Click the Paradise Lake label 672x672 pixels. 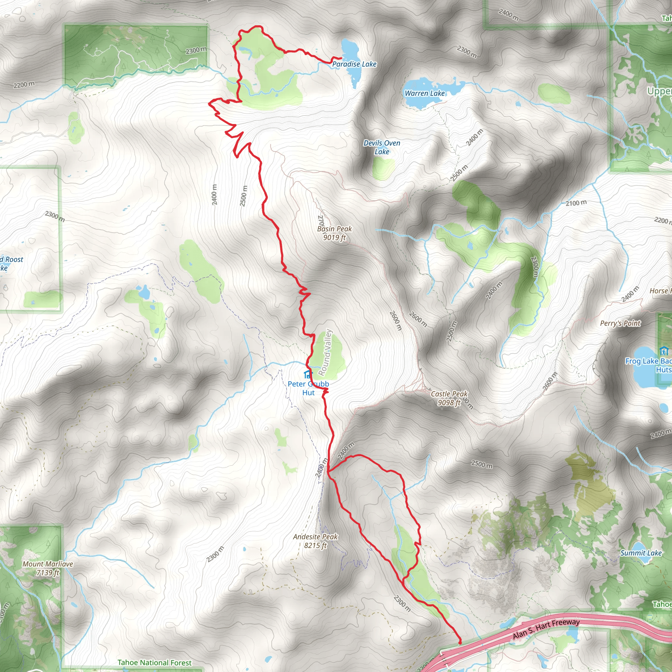[354, 64]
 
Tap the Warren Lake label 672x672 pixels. [425, 93]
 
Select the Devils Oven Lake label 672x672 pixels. [382, 147]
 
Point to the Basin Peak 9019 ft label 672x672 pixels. [334, 233]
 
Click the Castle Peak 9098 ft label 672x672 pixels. [449, 398]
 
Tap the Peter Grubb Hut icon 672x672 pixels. [307, 375]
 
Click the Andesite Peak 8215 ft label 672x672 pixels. [315, 541]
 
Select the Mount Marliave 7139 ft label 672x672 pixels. [48, 568]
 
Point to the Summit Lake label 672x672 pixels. [641, 553]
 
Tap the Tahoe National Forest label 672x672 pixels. [155, 662]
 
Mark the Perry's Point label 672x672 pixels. [620, 323]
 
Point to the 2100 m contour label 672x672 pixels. [576, 203]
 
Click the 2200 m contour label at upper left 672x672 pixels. [24, 85]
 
